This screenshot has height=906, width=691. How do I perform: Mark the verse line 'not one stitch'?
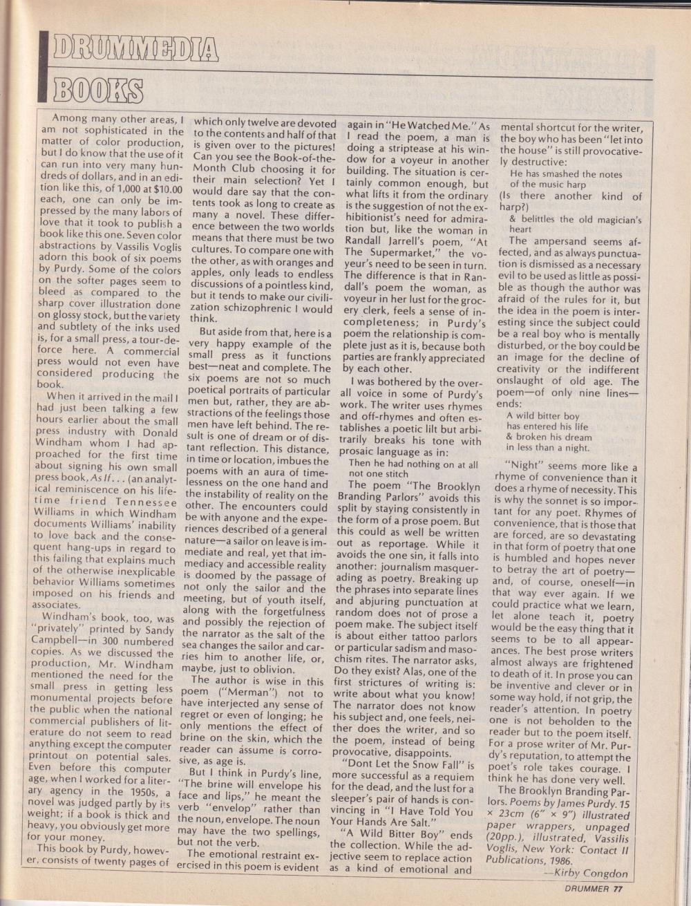pyautogui.click(x=379, y=473)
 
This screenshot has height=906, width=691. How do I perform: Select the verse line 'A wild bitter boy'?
pyautogui.click(x=543, y=416)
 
